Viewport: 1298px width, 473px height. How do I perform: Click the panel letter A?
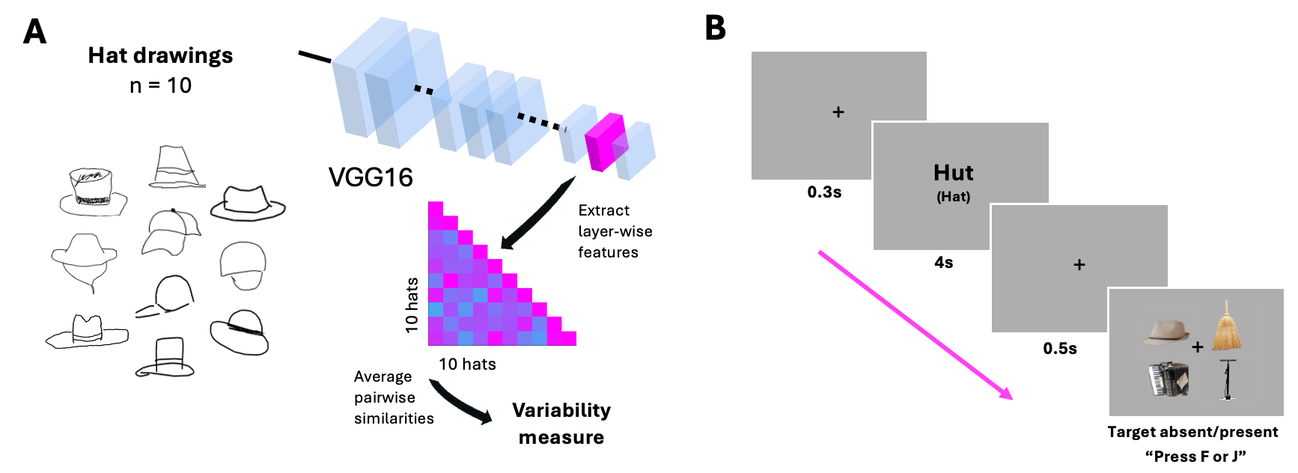[35, 32]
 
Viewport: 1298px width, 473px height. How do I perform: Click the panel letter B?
[716, 28]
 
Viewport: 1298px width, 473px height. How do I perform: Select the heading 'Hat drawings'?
[160, 55]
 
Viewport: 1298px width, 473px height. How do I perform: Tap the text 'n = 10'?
[160, 85]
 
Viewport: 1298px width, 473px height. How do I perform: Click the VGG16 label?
[371, 177]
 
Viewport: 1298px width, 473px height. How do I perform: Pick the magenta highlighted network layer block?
[605, 142]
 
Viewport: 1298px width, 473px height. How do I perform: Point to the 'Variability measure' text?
[561, 424]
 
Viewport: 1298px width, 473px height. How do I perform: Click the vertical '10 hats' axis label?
[412, 305]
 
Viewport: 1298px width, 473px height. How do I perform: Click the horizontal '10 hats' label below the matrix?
[467, 364]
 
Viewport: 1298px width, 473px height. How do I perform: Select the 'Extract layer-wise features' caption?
[615, 231]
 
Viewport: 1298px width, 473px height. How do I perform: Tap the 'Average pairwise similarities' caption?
[393, 397]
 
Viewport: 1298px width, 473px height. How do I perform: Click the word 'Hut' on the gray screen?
[953, 173]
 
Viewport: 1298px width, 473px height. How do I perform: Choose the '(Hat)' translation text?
[953, 197]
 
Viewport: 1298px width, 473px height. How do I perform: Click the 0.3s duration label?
[824, 192]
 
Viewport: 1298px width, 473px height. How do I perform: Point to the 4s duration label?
[943, 263]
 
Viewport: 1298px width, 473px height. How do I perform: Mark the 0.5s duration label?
[1060, 349]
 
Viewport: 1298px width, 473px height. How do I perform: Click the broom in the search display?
[1227, 327]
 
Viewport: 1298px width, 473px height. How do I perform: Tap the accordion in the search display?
[1168, 379]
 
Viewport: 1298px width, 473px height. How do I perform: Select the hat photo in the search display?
[1166, 331]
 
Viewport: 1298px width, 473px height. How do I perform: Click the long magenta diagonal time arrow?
[915, 325]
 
